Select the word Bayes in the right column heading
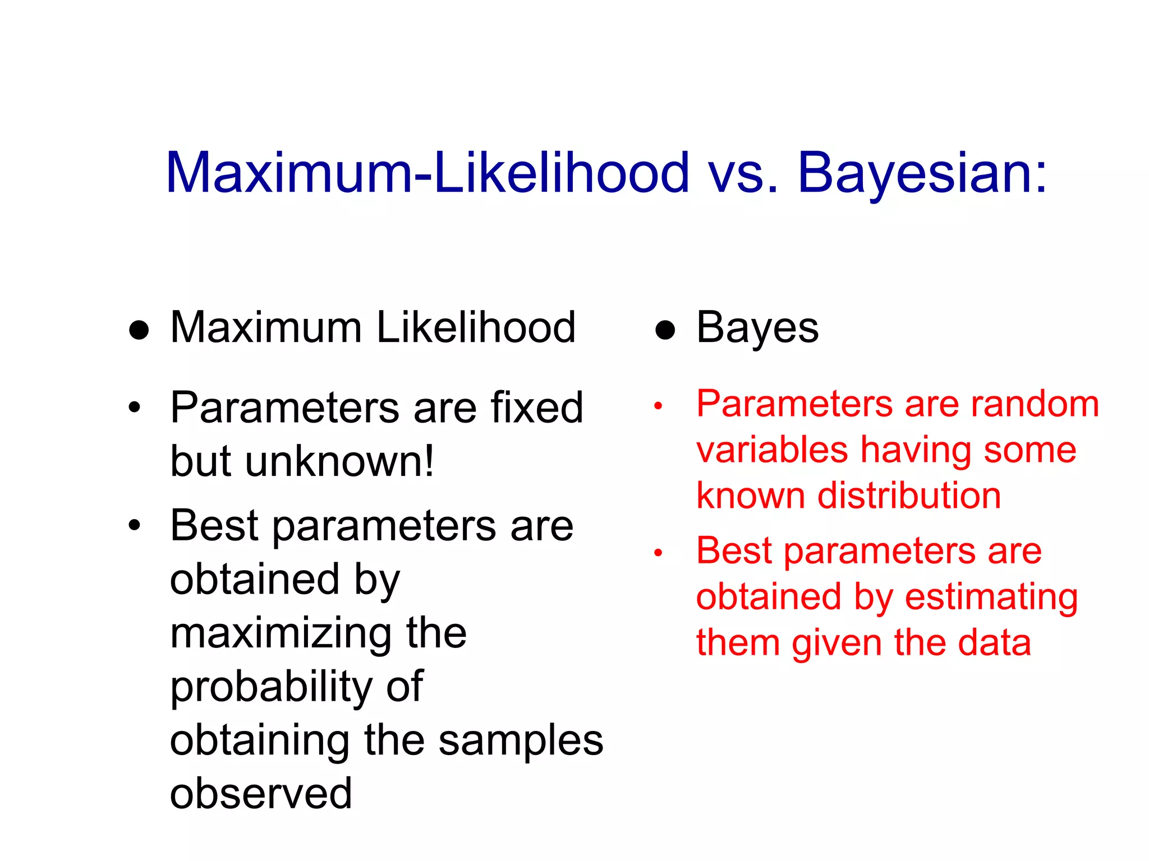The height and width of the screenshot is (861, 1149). [757, 328]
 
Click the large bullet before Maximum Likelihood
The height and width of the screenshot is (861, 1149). [139, 330]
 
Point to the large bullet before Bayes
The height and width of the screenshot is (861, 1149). [665, 330]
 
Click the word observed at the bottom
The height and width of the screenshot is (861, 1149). [261, 794]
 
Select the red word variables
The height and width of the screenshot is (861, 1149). [771, 450]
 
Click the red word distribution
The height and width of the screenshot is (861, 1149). [909, 496]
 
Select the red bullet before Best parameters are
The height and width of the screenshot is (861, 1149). [658, 553]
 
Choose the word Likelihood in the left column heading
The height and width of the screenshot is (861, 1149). [476, 328]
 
